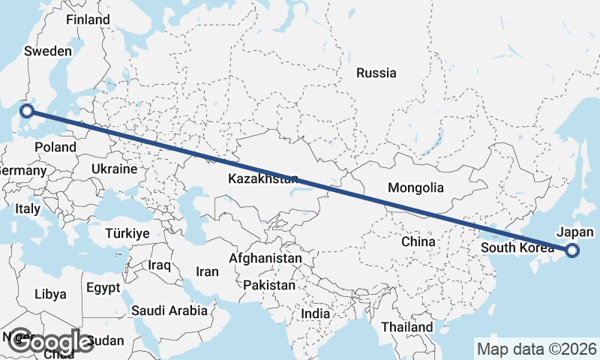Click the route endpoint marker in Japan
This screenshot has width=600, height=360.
point(572,250)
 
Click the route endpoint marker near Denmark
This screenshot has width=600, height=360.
point(27,111)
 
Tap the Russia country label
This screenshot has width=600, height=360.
point(376,73)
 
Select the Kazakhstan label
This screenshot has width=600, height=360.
point(263,179)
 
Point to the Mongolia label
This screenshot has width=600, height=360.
point(416,188)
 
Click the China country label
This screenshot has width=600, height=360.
point(418,241)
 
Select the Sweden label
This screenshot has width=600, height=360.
point(48,51)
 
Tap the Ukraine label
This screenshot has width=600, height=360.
point(114,169)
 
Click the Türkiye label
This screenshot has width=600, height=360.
point(127,233)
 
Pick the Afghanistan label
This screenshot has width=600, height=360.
point(265,258)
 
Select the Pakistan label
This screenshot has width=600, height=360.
point(269,285)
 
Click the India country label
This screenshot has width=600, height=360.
point(316,314)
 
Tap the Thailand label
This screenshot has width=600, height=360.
point(407,327)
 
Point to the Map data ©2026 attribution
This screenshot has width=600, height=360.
point(537,349)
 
